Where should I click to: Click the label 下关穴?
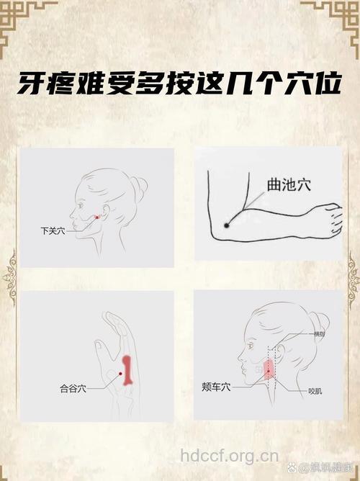coord(53,231)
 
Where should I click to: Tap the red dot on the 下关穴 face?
coord(97,216)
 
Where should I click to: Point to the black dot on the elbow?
coord(226,225)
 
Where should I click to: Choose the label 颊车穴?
coord(216,387)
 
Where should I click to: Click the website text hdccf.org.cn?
coord(229,455)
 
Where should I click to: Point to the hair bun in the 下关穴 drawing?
coord(139,189)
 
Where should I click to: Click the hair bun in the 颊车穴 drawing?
coord(318,322)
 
